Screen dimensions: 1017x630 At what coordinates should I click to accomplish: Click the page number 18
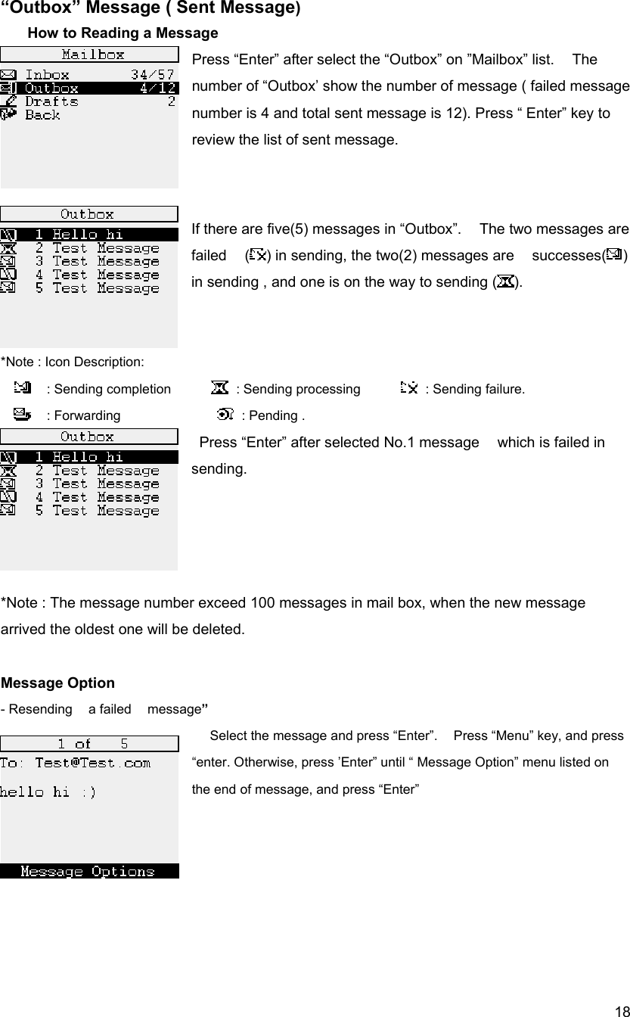(620, 1010)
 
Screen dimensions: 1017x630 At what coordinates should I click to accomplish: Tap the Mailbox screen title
(93, 54)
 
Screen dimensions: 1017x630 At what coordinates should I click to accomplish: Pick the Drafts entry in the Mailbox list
(51, 101)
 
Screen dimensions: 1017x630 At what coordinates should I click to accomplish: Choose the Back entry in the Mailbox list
(42, 115)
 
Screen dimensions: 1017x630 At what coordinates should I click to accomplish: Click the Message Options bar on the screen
(88, 871)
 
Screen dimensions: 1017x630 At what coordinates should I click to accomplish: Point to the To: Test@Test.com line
(75, 763)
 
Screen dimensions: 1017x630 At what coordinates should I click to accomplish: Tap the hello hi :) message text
(48, 792)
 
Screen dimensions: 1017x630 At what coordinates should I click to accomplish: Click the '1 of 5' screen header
(92, 744)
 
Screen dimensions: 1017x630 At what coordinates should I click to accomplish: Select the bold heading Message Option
(58, 683)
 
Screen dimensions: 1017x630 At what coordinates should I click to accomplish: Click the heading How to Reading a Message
(123, 33)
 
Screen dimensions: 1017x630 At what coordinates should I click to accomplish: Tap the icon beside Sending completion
(23, 388)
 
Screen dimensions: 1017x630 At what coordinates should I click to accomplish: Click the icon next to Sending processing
(219, 388)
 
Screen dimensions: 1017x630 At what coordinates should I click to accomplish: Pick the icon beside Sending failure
(408, 388)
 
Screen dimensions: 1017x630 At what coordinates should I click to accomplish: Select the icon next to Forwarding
(23, 414)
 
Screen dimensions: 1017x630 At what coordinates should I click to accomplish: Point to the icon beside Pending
(225, 414)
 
